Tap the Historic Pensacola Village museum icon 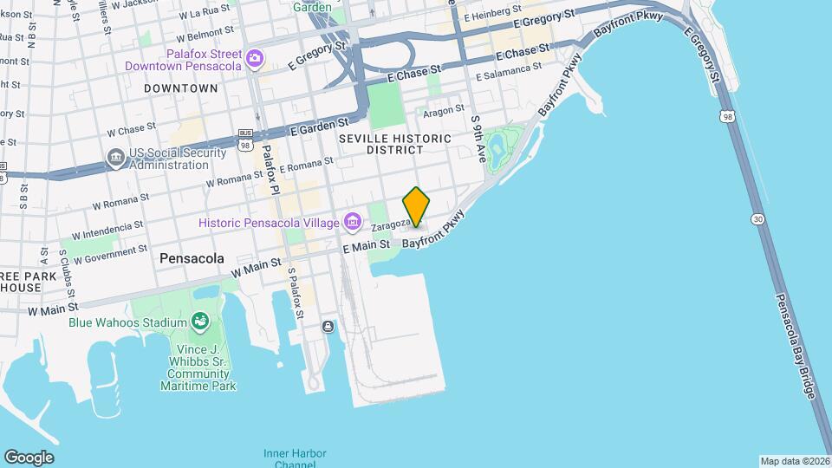click(352, 223)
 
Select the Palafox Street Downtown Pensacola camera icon click(254, 59)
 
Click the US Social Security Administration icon click(115, 157)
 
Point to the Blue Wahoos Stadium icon click(200, 322)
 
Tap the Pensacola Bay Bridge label click(796, 347)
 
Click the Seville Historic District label click(395, 144)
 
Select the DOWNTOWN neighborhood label click(181, 88)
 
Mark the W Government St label click(110, 255)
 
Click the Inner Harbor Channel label click(289, 459)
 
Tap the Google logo click(29, 458)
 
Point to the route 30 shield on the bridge click(757, 219)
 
